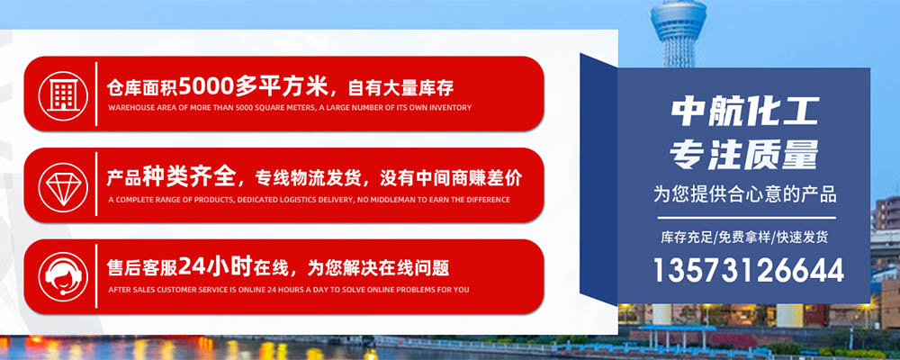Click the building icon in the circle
63,94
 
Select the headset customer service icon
63,276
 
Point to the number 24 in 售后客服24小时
191,266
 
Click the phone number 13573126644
749,270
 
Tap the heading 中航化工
744,112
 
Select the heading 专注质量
744,155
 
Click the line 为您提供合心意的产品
744,194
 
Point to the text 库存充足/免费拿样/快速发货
744,237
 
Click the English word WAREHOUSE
126,107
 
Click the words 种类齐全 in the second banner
189,176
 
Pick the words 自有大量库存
400,88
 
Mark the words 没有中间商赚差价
451,178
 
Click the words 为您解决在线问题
378,268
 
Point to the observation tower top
678,20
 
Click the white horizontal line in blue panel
747,218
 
